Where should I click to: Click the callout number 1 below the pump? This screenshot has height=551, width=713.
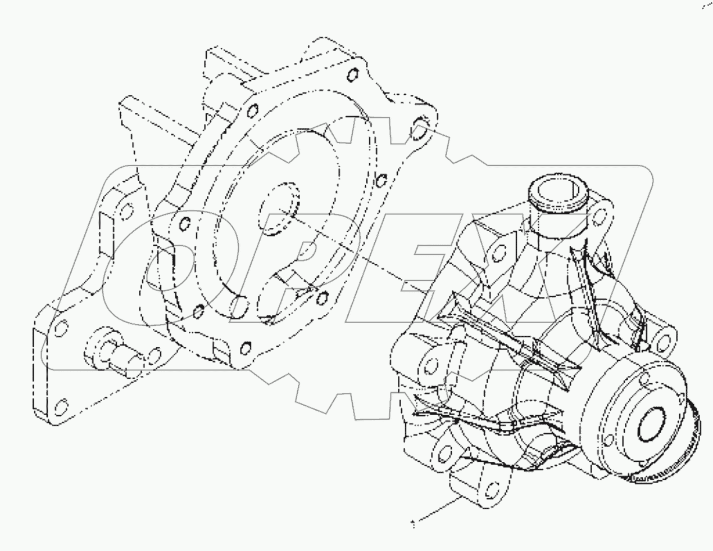pos(414,524)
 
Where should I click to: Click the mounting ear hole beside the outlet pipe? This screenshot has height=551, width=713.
pos(605,215)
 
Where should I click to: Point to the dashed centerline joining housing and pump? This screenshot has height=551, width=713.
pos(360,252)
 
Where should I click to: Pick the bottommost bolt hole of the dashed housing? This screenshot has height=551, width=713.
pos(245,346)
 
